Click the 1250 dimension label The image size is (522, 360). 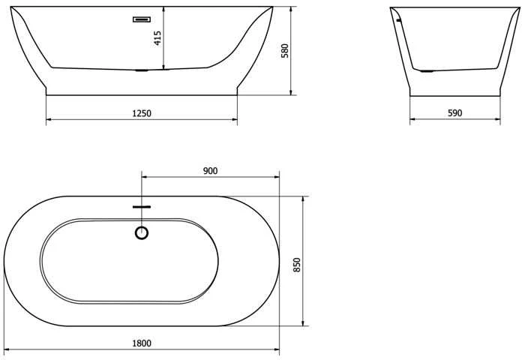coord(142,113)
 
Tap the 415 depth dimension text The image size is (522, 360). coord(157,38)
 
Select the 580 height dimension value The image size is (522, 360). coord(285,50)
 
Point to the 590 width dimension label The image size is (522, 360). coord(454,113)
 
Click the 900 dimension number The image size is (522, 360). coord(210,171)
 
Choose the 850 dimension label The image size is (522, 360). coord(297,265)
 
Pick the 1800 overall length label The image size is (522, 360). coord(142,343)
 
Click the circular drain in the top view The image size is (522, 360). coord(142,232)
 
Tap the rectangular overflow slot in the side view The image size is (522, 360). coord(142,19)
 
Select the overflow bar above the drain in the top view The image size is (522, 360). coord(142,207)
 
